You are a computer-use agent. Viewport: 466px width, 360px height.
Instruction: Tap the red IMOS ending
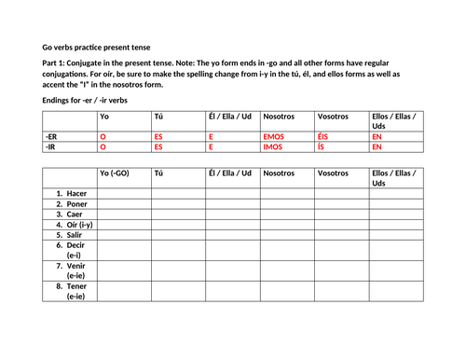pyautogui.click(x=273, y=146)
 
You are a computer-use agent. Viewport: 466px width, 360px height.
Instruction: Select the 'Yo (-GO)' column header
pyautogui.click(x=116, y=173)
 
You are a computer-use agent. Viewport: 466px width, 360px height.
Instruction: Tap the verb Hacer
pyautogui.click(x=71, y=192)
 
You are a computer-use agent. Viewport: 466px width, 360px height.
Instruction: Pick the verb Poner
pyautogui.click(x=71, y=203)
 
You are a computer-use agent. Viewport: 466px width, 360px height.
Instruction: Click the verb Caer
pyautogui.click(x=69, y=215)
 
